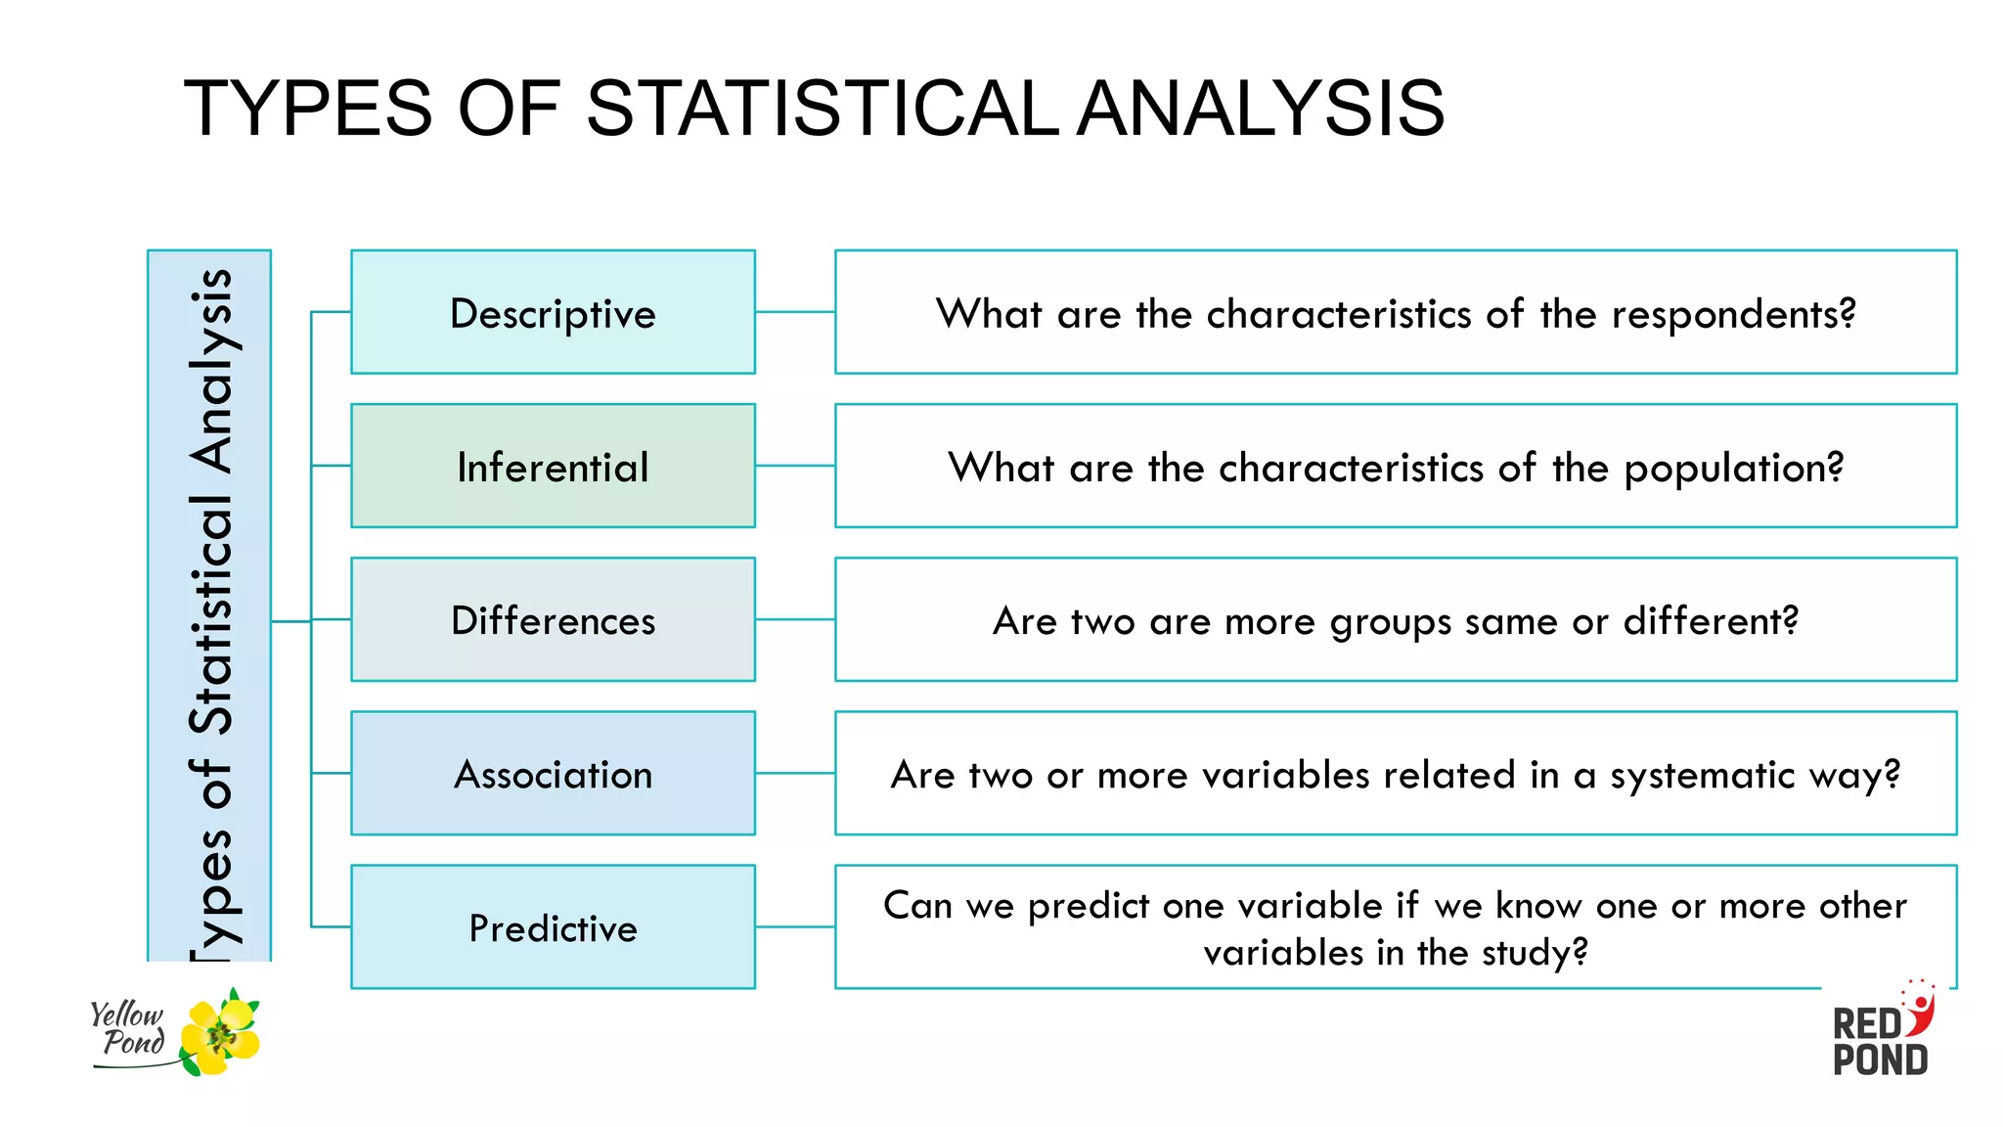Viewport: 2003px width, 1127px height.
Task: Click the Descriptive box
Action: click(x=553, y=312)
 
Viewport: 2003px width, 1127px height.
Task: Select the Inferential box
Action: click(x=553, y=467)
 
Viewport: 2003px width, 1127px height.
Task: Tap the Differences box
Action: click(x=553, y=620)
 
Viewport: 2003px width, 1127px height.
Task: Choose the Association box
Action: click(x=553, y=774)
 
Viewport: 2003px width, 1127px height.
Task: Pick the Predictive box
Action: click(x=553, y=927)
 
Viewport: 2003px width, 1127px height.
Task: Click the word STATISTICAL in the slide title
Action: click(x=822, y=108)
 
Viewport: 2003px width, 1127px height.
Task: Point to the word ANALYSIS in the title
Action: click(x=1262, y=108)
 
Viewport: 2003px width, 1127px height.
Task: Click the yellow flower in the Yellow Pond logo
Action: click(x=221, y=1034)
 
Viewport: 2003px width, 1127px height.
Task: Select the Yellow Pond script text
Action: click(x=128, y=1028)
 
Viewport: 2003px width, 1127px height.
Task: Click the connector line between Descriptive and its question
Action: click(x=794, y=312)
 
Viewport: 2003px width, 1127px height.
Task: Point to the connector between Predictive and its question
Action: click(x=794, y=926)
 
